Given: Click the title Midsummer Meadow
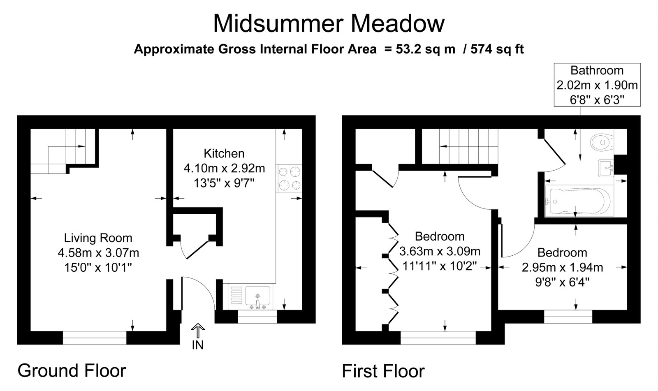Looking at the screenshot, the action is pos(329,24).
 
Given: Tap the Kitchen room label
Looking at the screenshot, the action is pos(224,153).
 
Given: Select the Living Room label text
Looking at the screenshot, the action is pos(98,238).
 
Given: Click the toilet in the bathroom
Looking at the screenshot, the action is pos(602,143).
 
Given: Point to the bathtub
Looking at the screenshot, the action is pos(579,201).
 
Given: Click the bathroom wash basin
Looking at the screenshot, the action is pos(606,168).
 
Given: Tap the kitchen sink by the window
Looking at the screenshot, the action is pos(250,297).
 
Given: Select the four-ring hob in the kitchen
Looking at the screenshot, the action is pos(289,178).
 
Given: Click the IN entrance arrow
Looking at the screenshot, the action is pos(198,330).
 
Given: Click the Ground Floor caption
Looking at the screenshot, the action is pos(72,370).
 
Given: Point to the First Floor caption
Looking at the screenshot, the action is pos(383,371).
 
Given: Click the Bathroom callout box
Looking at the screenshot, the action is pos(597,85).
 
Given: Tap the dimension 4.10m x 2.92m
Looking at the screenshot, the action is pos(224,168).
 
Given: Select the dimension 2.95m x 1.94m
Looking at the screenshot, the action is pos(562,267).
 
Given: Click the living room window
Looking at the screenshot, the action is pos(95,338).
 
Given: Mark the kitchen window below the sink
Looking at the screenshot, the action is pos(257,317).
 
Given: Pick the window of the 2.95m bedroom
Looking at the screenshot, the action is pos(568,317).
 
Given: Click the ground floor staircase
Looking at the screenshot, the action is pos(63,151).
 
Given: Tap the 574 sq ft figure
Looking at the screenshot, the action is pos(497,49).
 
